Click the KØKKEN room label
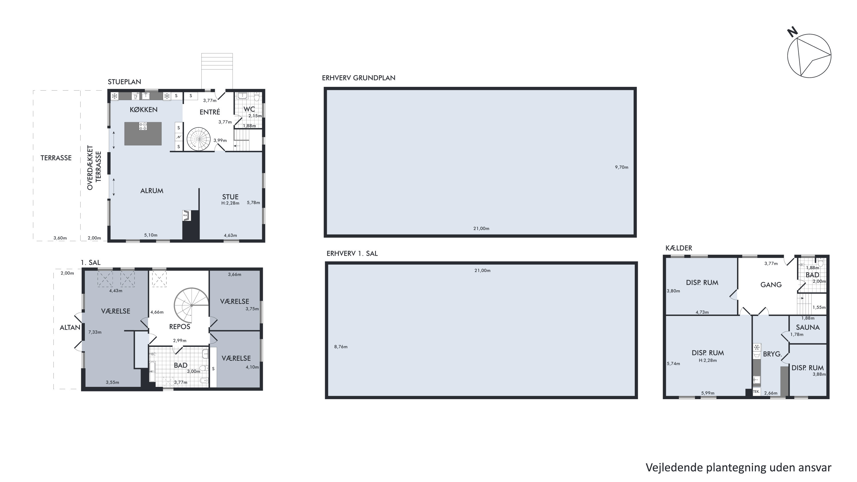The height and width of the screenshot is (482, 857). click(x=143, y=109)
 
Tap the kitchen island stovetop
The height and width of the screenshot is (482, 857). click(x=143, y=126)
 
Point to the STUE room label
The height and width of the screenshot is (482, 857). click(x=230, y=197)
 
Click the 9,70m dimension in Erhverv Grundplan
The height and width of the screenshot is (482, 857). click(x=621, y=167)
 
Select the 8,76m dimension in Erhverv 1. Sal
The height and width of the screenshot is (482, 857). click(x=341, y=347)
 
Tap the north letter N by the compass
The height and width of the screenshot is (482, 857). click(x=792, y=32)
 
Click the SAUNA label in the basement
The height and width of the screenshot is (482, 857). click(x=808, y=327)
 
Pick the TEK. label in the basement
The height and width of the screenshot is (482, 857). click(x=756, y=391)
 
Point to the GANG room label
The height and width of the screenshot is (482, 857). click(x=771, y=285)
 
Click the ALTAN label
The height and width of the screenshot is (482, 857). click(x=70, y=327)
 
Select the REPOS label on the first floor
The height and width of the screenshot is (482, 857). click(x=180, y=327)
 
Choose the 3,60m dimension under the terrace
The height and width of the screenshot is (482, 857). click(x=60, y=238)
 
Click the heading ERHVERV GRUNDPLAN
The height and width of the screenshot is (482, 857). click(x=359, y=78)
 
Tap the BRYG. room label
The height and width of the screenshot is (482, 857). click(x=772, y=354)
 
